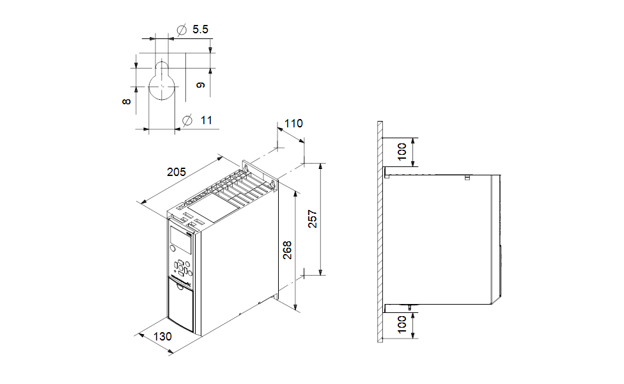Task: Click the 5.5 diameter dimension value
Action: pyautogui.click(x=200, y=29)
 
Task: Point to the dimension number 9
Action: pyautogui.click(x=201, y=84)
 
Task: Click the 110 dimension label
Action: pyautogui.click(x=293, y=124)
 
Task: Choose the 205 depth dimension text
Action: pyautogui.click(x=176, y=172)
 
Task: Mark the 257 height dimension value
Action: pyautogui.click(x=312, y=220)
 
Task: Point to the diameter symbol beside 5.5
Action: pyautogui.click(x=181, y=29)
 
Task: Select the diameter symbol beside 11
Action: pyautogui.click(x=187, y=120)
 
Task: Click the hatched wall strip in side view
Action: pyautogui.click(x=380, y=230)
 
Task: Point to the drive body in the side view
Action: pyautogui.click(x=441, y=237)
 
